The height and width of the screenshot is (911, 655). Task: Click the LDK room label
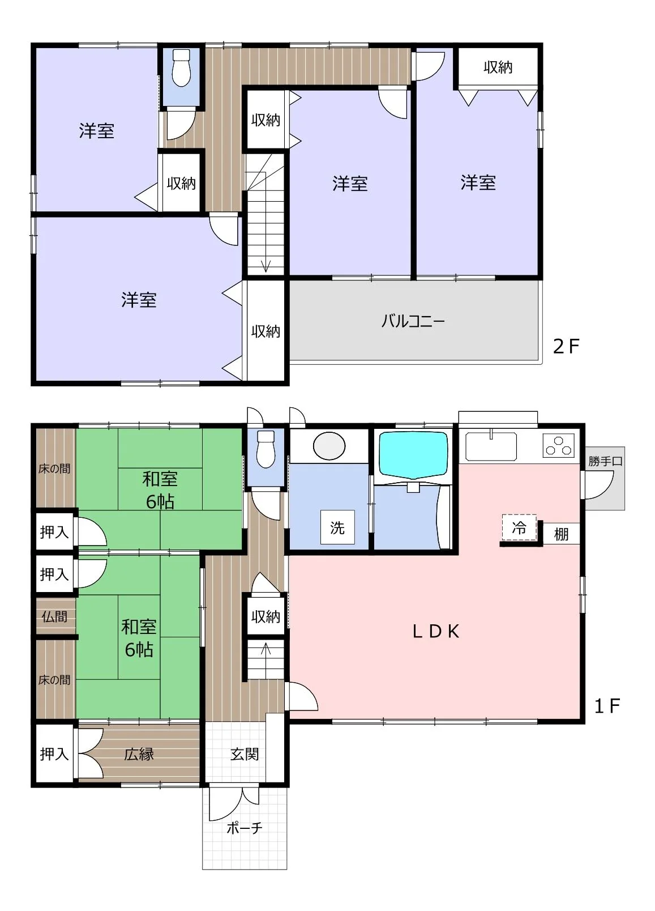point(435,632)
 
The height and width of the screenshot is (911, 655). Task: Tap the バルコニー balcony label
point(413,321)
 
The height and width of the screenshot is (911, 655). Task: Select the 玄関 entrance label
point(245,755)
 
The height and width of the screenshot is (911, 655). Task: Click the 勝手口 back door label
point(605,462)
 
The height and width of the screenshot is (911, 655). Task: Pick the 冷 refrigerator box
point(519,528)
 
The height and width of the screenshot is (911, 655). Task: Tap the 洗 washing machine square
point(337,527)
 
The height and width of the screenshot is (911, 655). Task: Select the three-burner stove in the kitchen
point(559,445)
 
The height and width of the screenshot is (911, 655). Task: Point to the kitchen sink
point(491,446)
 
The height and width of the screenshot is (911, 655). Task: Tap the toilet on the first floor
point(266,449)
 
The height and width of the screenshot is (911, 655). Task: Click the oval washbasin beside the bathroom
point(329,446)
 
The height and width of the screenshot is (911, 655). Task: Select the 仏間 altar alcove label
point(54,616)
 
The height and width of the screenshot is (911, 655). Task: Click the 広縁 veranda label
point(139,755)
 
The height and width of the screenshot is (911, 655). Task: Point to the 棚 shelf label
point(561,534)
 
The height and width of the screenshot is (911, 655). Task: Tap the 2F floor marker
point(566,346)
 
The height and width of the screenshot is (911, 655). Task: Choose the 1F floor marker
point(607,706)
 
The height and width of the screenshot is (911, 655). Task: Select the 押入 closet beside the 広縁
point(54,754)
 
